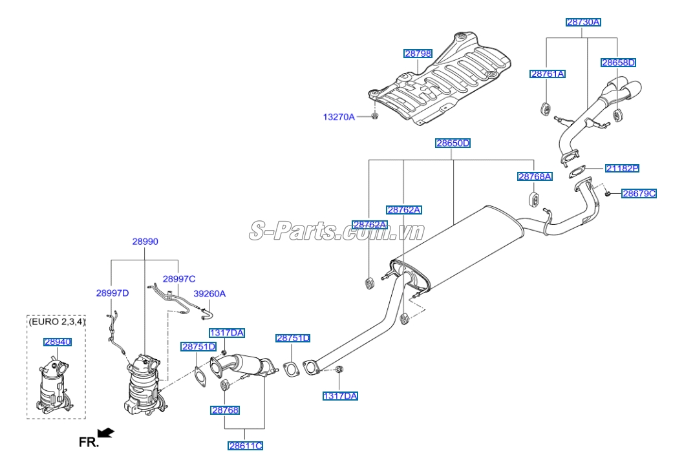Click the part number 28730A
click(583, 22)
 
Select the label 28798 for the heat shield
click(418, 54)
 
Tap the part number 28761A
click(548, 74)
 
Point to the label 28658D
click(618, 63)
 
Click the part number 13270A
click(339, 117)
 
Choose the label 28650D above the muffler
click(453, 143)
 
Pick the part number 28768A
click(535, 176)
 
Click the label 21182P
click(622, 168)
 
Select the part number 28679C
click(639, 193)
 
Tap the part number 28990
click(145, 242)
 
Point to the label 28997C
click(178, 279)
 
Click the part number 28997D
click(112, 293)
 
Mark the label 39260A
click(209, 293)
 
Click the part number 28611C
click(245, 445)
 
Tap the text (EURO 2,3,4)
click(57, 321)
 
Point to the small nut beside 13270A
click(375, 116)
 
